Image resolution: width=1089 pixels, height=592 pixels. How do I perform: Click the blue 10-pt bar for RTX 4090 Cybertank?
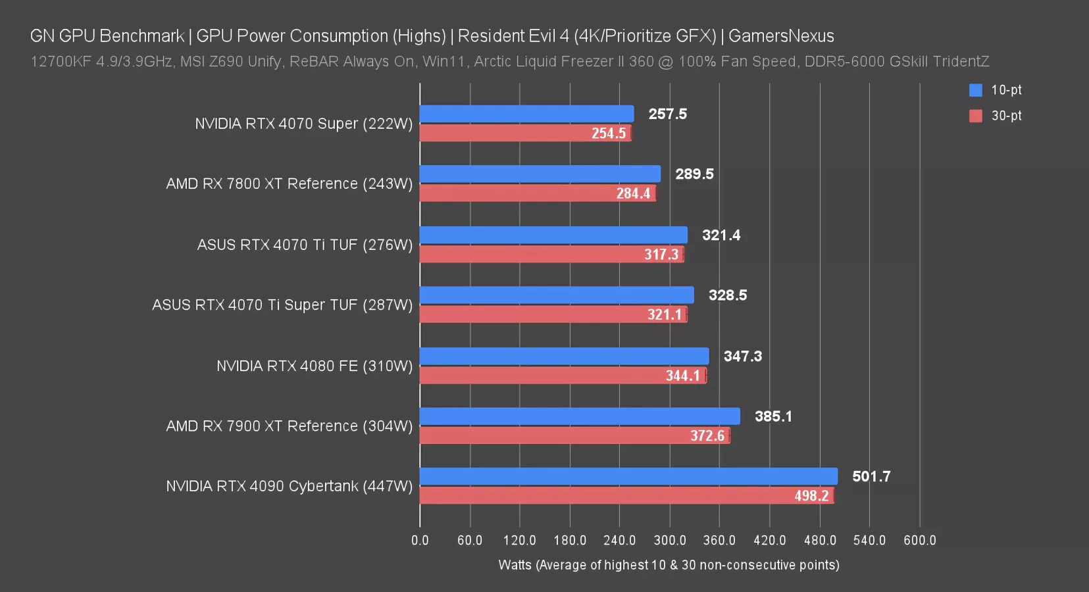point(628,476)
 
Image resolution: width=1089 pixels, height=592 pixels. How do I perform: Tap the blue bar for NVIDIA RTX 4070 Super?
point(526,114)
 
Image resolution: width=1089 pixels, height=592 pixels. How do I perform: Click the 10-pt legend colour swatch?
point(975,90)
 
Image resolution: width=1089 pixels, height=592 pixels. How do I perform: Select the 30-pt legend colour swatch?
point(975,116)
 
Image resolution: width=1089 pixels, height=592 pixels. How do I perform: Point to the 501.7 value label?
point(871,476)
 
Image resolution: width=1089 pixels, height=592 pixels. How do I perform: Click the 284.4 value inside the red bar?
point(633,193)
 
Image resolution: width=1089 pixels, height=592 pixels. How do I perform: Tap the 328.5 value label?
point(727,295)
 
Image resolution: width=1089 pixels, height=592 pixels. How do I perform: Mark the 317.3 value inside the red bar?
point(661,255)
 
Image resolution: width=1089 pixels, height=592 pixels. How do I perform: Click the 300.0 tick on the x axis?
point(670,540)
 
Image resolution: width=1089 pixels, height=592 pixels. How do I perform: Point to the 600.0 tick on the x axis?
point(919,540)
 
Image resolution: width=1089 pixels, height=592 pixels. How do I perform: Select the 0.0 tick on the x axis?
point(420,540)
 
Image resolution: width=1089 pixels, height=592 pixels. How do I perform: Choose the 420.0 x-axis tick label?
point(769,540)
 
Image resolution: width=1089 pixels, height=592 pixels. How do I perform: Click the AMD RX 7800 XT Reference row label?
point(289,184)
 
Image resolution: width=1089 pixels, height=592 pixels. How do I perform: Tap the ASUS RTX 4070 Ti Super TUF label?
point(282,305)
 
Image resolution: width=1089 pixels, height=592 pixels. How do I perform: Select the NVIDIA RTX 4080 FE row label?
point(315,366)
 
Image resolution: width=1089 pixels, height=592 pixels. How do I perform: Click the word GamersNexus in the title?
point(781,36)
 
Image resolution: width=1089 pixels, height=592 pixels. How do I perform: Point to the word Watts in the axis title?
point(515,565)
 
